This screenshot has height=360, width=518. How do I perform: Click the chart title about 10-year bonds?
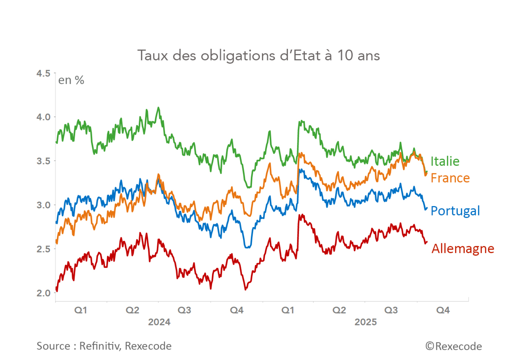259,56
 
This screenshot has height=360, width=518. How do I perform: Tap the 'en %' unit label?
71,80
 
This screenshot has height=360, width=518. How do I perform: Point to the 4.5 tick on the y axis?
43,73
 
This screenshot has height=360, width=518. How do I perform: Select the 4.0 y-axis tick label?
43,117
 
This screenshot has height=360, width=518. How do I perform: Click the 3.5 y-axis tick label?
43,161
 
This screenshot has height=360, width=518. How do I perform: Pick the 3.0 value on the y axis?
43,205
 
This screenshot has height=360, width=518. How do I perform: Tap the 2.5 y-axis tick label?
43,249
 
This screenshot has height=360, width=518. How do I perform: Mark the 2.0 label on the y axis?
43,293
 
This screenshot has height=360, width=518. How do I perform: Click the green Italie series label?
445,161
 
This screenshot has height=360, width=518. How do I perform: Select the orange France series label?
450,178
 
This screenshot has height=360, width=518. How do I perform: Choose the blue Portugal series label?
455,211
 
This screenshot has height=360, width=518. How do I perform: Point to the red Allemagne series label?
463,249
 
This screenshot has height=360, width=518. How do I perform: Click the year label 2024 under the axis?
159,322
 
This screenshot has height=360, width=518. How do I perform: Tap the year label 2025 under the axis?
366,322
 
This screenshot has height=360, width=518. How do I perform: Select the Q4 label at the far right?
443,310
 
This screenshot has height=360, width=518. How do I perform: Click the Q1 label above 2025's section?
288,310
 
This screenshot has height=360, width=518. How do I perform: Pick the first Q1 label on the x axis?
80,310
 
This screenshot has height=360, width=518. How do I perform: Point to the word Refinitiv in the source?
100,346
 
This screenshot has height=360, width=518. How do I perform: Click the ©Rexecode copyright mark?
454,347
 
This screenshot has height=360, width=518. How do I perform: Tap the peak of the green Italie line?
159,108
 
